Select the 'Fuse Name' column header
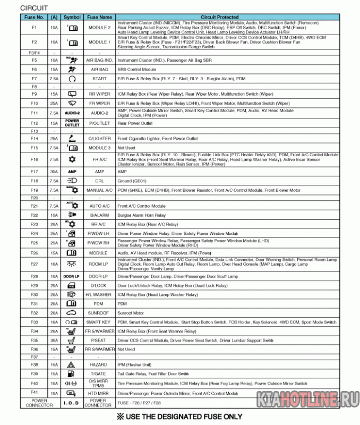coord(99,18)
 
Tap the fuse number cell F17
coord(35,172)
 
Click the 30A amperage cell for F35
coord(54,340)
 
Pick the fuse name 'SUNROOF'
coord(99,313)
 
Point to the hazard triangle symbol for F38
coord(72,365)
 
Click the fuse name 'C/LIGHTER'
coord(99,139)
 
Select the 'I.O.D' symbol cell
coord(72,404)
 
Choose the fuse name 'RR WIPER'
coord(99,94)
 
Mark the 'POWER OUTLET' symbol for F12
coord(72,123)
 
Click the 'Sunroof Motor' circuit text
coord(131,313)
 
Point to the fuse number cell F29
coord(35,285)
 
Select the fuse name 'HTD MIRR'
coord(99,393)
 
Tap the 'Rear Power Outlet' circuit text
coord(135,123)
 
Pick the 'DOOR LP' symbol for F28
coord(72,276)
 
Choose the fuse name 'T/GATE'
coord(99,375)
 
